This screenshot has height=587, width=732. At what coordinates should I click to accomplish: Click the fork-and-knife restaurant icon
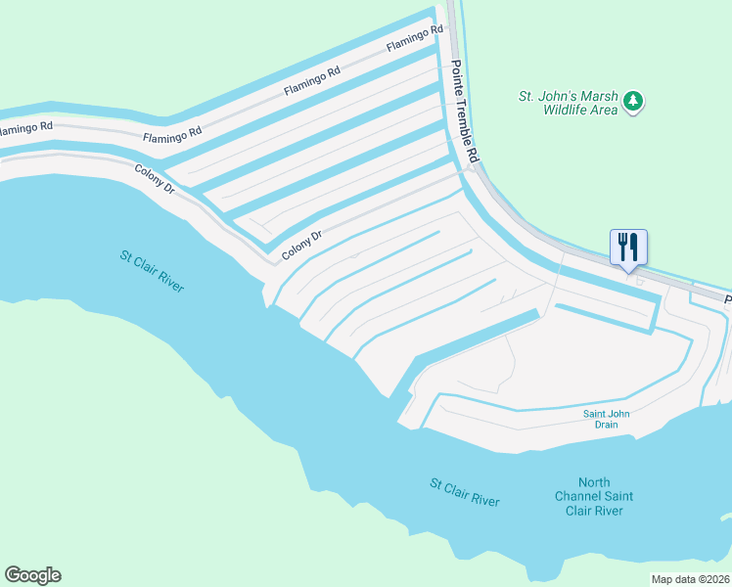(x=627, y=247)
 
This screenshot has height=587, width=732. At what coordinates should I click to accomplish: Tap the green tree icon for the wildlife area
(x=634, y=101)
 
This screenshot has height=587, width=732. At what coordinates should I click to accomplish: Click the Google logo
(x=32, y=575)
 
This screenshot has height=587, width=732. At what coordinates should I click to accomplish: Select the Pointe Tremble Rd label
(x=466, y=112)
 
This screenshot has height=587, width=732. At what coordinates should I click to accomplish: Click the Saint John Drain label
(x=607, y=419)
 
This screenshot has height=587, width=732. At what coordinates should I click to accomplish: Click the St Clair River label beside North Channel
(x=465, y=492)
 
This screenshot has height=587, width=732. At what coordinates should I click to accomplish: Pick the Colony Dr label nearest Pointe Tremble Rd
(x=302, y=245)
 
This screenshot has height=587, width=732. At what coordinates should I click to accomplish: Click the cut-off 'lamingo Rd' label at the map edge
(x=26, y=128)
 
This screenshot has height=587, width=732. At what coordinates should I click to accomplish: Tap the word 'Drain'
(x=607, y=425)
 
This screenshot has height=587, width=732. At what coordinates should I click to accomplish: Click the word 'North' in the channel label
(x=594, y=482)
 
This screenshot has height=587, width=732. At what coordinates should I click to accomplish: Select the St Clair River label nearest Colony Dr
(x=152, y=271)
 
